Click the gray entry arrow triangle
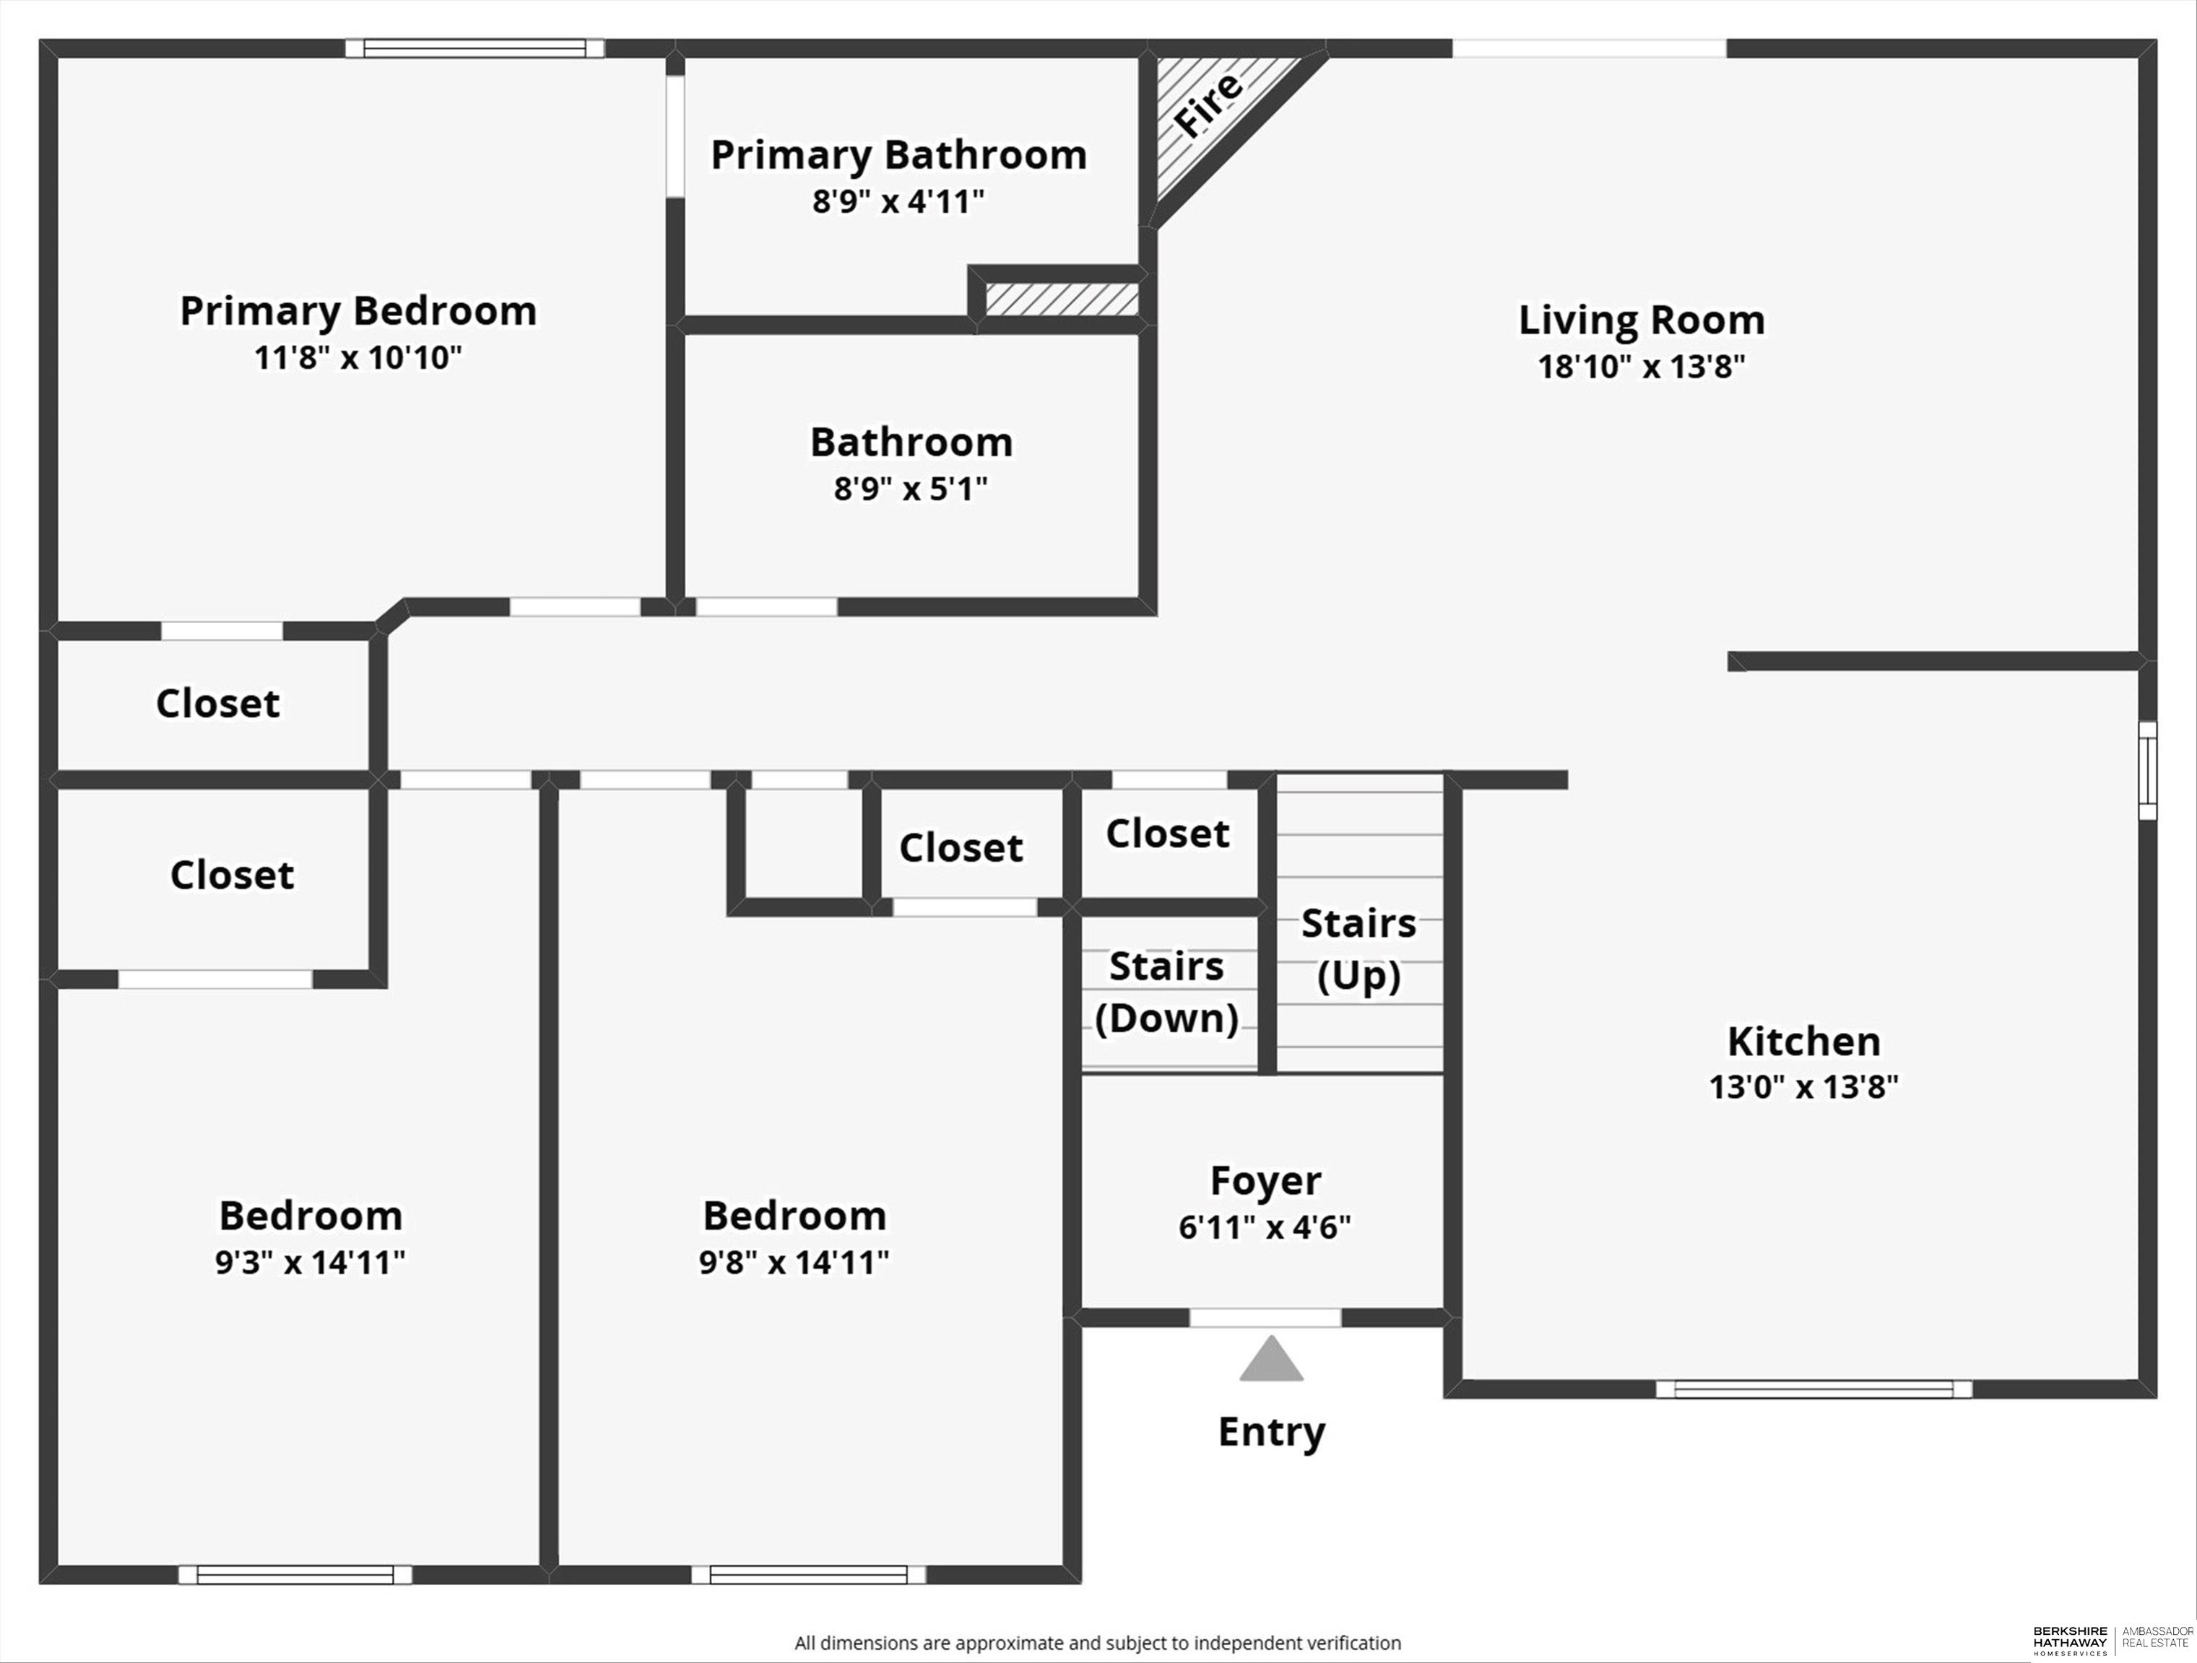(1271, 1359)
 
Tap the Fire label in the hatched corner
(1208, 103)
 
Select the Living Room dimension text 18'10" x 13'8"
(1642, 367)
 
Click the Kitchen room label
(1803, 1041)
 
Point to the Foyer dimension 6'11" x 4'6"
(1265, 1227)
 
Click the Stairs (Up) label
(1358, 949)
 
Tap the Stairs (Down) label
(1166, 992)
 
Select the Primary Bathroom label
(899, 155)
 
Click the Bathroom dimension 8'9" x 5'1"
(911, 489)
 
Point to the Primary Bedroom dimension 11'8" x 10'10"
(357, 357)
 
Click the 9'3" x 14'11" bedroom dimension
(310, 1262)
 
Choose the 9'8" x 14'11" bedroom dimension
(794, 1262)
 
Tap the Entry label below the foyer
(1271, 1432)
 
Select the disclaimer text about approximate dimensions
(1098, 1643)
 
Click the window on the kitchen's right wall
(2147, 770)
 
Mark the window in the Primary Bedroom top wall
(474, 48)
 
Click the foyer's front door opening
(1265, 1317)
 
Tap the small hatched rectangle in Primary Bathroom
(1062, 299)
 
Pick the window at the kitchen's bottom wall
(1813, 1389)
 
